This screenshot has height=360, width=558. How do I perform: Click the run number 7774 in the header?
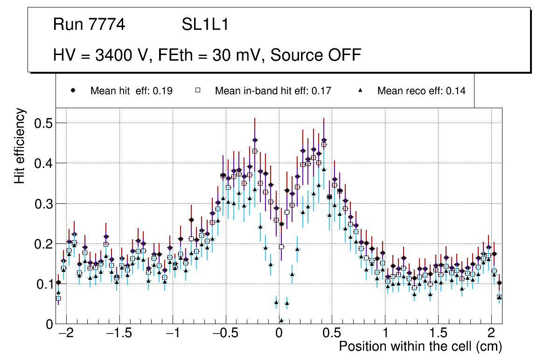coord(107,25)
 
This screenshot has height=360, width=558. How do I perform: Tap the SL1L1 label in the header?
coord(205,25)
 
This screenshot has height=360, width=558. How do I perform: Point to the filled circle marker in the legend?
coord(73,90)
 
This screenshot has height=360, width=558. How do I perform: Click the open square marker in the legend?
coord(197,90)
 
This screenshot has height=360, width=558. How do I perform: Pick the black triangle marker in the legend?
coord(360,90)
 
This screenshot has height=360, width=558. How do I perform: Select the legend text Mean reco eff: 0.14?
coord(421,91)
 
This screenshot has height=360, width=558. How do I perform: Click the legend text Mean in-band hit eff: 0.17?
coord(273,91)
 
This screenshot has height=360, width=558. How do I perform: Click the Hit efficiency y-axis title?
coord(20,145)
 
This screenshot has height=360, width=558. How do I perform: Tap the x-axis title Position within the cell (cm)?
coord(420,347)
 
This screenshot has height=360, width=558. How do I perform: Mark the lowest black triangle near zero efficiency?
coord(281,320)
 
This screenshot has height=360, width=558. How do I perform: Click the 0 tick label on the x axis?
coord(279,334)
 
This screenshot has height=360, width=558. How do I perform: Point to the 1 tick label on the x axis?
coord(385,334)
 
